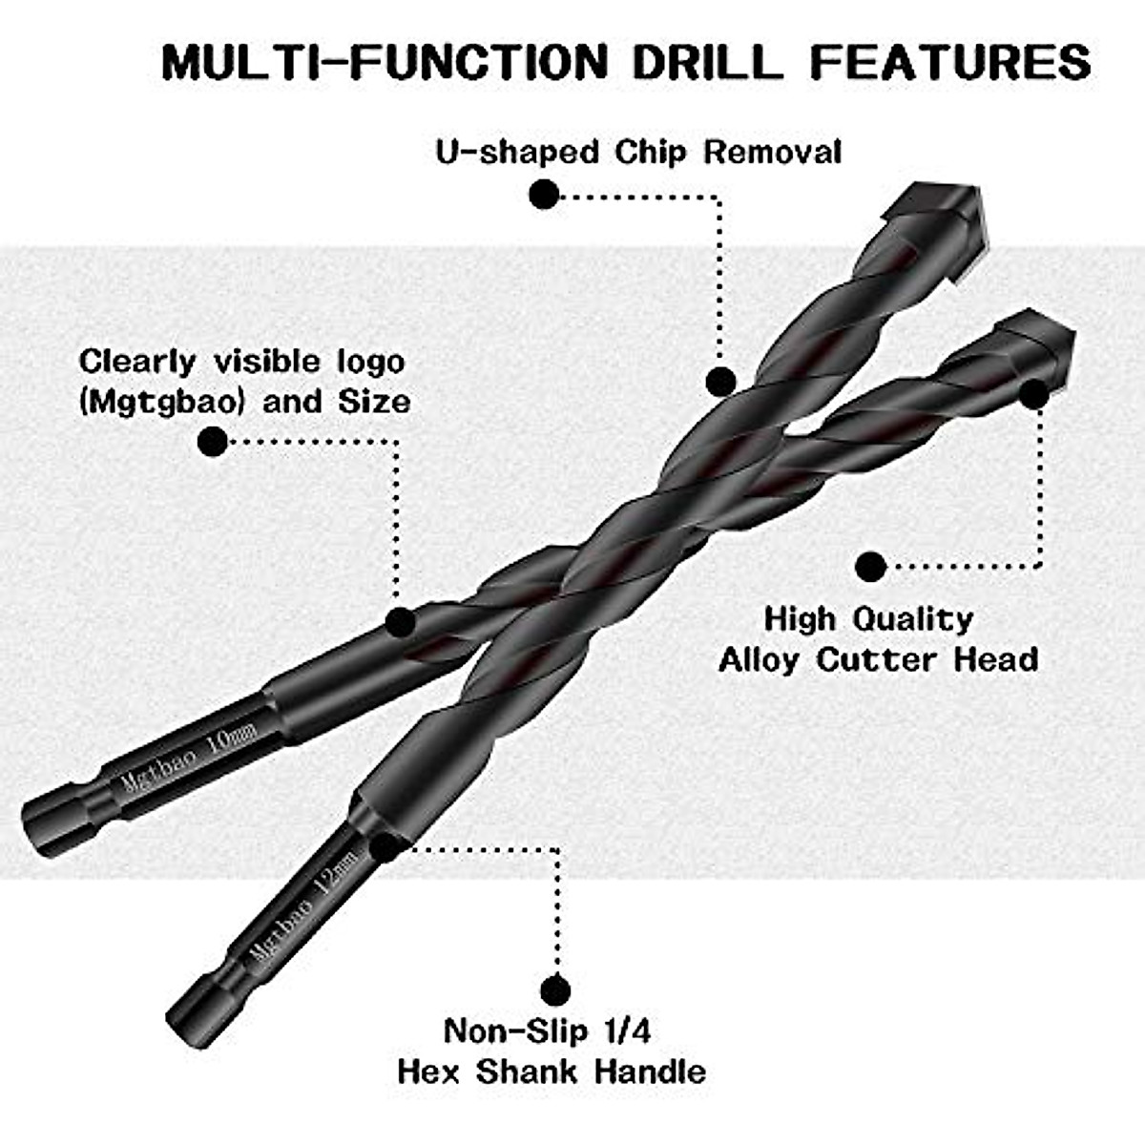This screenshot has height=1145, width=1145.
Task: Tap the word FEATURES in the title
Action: [950, 62]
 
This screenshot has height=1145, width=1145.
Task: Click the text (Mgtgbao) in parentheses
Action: [163, 401]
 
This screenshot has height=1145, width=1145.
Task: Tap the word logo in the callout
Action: [366, 362]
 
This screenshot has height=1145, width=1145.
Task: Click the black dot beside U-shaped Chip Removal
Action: [544, 195]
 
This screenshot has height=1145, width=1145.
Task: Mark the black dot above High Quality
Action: [869, 566]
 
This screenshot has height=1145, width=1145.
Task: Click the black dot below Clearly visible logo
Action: [213, 441]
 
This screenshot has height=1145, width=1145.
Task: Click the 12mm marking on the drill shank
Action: [339, 873]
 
